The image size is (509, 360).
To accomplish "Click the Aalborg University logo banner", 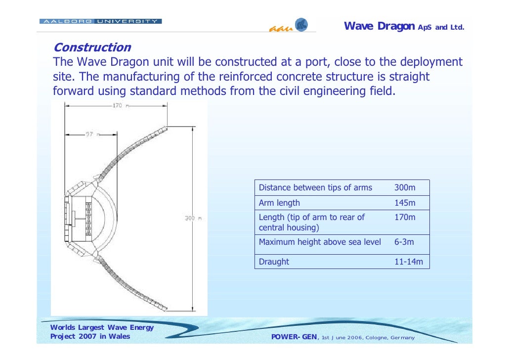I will [x=100, y=21].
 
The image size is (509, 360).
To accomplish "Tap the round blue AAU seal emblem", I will [x=301, y=25].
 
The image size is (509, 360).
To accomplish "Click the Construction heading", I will [x=92, y=47].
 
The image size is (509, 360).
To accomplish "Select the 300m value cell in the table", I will [x=405, y=187].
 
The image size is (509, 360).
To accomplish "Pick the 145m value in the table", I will [x=405, y=203].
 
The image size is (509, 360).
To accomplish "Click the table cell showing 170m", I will [x=405, y=217].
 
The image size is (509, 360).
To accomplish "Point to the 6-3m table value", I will [x=404, y=242].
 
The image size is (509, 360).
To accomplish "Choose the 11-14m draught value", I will [x=408, y=262].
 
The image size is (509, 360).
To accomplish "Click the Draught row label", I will [x=274, y=262].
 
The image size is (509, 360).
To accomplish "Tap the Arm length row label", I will [x=279, y=203].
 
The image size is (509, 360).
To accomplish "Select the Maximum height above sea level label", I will [x=320, y=242].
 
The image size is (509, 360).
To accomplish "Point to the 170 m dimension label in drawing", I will [x=118, y=105].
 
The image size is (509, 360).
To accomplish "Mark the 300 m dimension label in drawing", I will [x=193, y=218].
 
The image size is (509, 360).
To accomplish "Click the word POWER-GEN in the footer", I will [x=295, y=337].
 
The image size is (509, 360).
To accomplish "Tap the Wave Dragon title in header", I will [x=379, y=26].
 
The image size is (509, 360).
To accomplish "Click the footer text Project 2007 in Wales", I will [x=90, y=336].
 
